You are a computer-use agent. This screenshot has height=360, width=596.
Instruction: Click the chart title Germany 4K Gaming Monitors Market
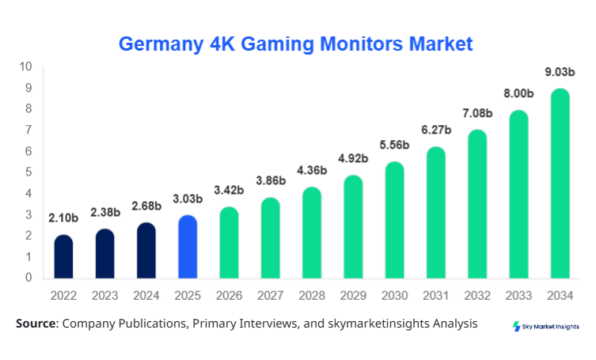pos(296,44)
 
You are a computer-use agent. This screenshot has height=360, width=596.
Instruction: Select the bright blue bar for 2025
pos(188,247)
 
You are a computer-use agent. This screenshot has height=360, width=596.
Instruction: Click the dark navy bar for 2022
pos(63,257)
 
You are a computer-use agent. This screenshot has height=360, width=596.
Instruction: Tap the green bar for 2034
pos(560,184)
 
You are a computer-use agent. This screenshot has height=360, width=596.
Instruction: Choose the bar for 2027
pos(270,238)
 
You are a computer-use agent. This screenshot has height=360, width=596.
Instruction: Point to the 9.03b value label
pos(560,72)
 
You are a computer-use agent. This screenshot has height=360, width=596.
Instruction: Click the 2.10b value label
pos(63,218)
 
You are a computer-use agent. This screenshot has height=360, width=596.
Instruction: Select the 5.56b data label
pos(394,146)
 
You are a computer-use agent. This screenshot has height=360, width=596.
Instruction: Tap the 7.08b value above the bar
pos(477,113)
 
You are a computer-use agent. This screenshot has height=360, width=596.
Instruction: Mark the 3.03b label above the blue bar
pos(188,199)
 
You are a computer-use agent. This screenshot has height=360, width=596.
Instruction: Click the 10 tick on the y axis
pos(25,66)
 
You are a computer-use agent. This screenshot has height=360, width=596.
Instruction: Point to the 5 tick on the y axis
pos(28,172)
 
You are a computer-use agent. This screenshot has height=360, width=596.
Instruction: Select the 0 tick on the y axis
pos(28,278)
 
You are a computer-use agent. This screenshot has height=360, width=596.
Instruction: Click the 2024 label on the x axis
pos(146,295)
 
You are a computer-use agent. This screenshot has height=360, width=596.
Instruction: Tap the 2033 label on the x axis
pos(518,295)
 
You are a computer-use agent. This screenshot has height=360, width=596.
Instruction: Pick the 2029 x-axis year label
pos(353,295)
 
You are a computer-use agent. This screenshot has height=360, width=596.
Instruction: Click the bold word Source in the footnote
pos(36,324)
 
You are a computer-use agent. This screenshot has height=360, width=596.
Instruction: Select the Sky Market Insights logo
pos(546,326)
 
